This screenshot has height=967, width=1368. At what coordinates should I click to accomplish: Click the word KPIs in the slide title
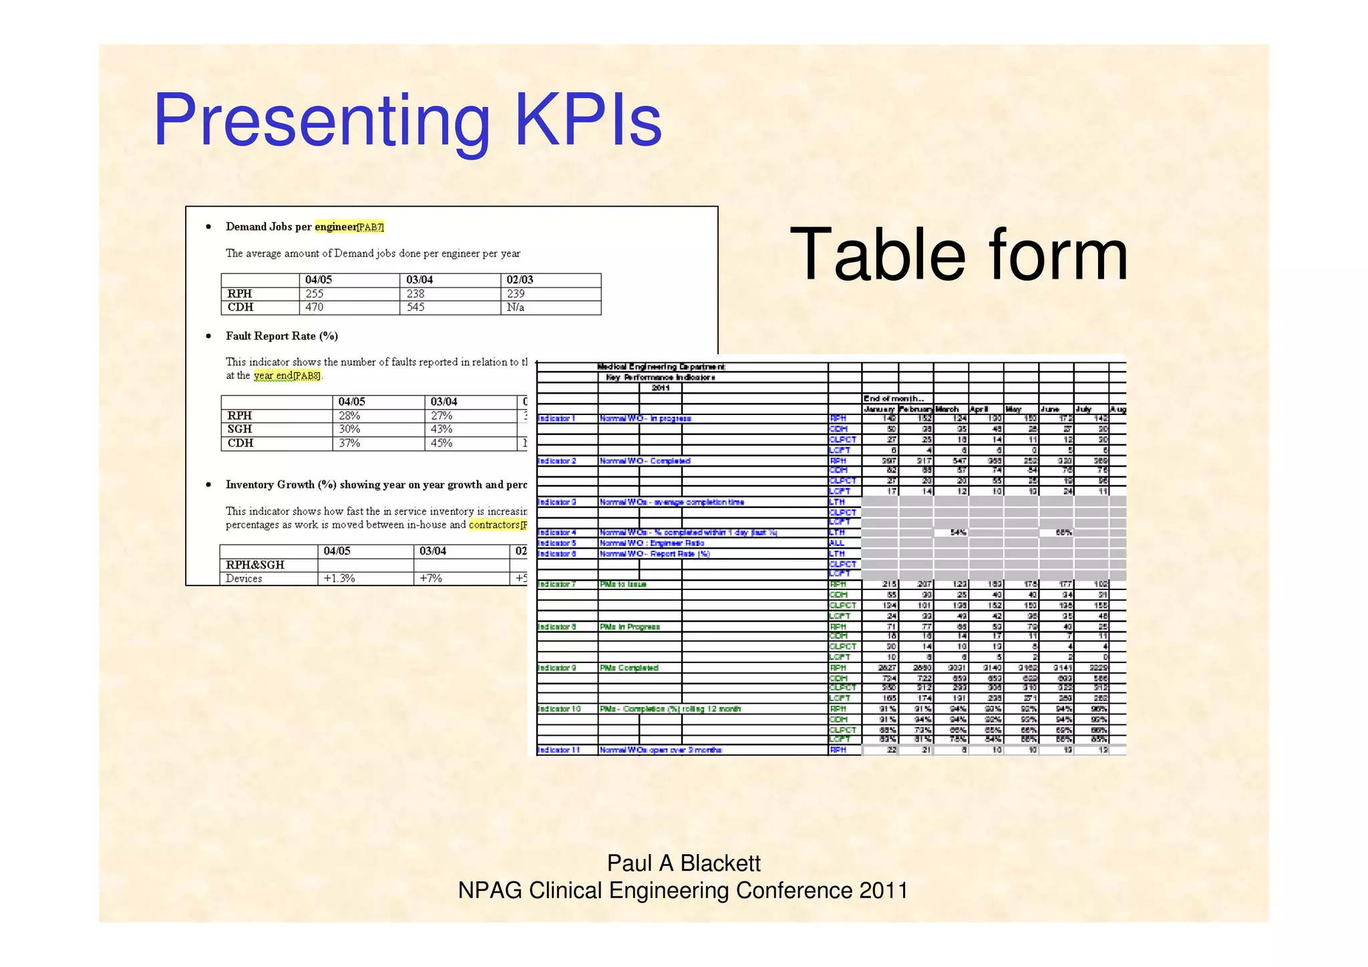[x=588, y=121]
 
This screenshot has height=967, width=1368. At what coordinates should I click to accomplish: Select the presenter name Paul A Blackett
[x=683, y=863]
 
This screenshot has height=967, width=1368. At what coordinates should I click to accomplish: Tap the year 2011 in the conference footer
[x=883, y=891]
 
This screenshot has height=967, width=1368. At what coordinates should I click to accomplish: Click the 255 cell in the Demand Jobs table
[x=315, y=294]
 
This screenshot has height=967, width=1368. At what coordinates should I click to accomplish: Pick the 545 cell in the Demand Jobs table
[x=415, y=307]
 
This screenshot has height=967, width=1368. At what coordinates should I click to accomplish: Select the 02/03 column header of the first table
[x=520, y=280]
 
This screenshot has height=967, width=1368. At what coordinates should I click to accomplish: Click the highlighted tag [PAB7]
[x=371, y=227]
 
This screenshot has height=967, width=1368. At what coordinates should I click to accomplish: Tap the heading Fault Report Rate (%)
[x=281, y=336]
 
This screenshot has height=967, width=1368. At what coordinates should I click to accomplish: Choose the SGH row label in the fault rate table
[x=240, y=429]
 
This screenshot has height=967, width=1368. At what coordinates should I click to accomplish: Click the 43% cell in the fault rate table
[x=441, y=429]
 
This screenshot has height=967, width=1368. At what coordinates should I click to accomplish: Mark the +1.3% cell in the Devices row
[x=339, y=579]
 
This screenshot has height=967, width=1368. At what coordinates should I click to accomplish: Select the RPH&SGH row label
[x=255, y=565]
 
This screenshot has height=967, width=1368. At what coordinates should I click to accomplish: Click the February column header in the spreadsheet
[x=916, y=409]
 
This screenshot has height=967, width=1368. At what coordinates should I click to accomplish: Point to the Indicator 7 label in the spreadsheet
[x=556, y=584]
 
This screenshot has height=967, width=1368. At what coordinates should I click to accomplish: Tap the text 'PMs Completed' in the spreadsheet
[x=629, y=668]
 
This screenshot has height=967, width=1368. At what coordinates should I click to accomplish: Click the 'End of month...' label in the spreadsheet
[x=894, y=398]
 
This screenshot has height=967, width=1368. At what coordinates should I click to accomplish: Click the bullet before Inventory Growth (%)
[x=209, y=485]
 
